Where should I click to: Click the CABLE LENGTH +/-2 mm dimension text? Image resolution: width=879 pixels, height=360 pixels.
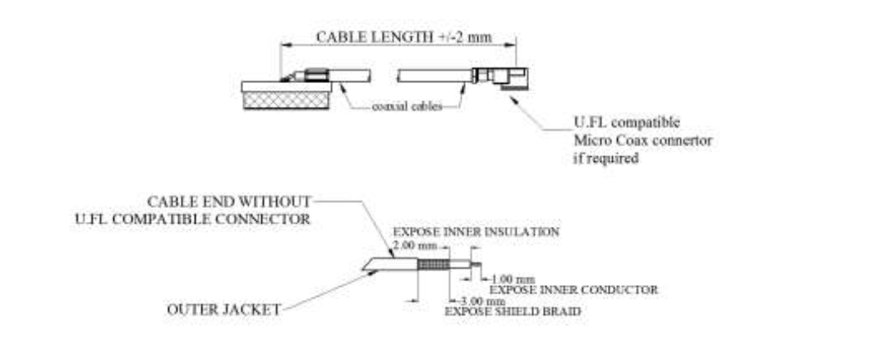pos(403,37)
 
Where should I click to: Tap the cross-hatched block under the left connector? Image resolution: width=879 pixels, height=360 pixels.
pos(286,100)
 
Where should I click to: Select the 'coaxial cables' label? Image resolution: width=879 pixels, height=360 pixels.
pos(407,107)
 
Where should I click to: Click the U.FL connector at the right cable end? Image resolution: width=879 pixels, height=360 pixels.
pos(500,78)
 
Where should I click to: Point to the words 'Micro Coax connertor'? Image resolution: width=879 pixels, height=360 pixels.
pos(642,141)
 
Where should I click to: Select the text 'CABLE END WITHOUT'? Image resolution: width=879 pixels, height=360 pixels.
pos(228,201)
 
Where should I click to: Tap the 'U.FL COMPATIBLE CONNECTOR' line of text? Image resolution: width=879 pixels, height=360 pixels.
pos(192,219)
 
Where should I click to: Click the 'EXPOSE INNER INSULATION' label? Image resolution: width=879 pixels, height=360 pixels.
pos(476,232)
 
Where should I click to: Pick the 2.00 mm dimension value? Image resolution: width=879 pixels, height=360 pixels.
pos(414,246)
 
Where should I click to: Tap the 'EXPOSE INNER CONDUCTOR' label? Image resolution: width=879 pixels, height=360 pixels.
pos(573,290)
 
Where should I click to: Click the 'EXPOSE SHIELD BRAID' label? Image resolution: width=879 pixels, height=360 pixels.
pos(513,312)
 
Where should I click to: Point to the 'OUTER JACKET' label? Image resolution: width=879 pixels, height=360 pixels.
pos(223,310)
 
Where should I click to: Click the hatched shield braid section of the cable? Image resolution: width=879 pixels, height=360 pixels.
pos(434,265)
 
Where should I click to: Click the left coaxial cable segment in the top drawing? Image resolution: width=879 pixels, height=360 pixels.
pos(348,76)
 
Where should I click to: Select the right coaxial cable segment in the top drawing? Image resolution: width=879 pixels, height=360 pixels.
pos(435,76)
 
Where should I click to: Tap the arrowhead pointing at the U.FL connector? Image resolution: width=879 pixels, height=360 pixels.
pos(513,99)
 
